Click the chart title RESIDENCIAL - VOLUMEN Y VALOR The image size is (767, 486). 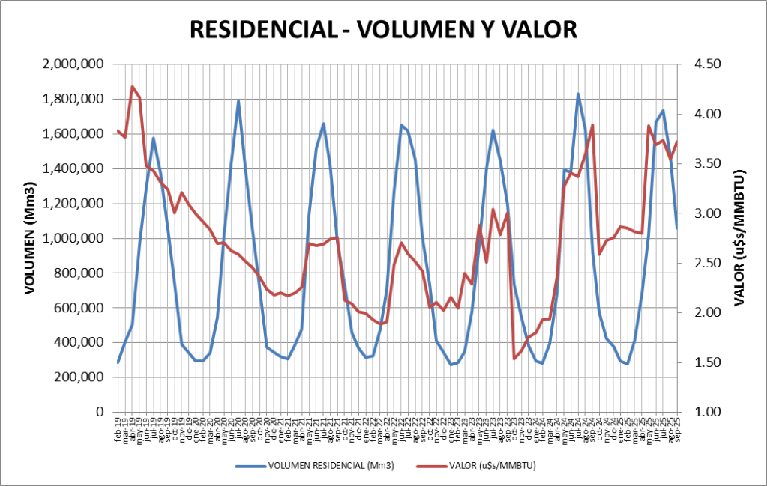(x=383, y=29)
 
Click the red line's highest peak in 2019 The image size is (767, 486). (x=133, y=87)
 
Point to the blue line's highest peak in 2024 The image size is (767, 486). (x=578, y=94)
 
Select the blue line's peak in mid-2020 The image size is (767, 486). (x=238, y=101)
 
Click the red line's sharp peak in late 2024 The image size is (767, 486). (x=592, y=125)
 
